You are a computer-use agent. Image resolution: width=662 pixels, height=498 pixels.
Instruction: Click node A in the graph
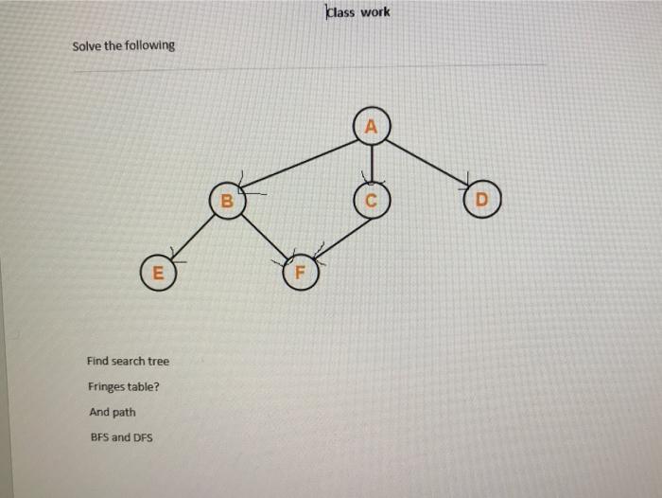pos(371,126)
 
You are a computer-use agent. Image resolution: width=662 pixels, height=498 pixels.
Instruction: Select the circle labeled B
pos(225,200)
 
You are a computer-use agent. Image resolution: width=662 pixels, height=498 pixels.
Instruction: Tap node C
pos(371,201)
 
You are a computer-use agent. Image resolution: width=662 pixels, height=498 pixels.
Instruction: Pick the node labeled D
pos(482,201)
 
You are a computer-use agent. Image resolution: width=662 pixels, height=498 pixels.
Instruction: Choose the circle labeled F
pos(301,273)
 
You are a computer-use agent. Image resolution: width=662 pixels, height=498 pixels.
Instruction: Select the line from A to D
pos(427,163)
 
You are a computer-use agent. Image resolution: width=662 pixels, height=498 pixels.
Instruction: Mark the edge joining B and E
pos(192,235)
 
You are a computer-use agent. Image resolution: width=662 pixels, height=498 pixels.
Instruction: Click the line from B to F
pos(263,236)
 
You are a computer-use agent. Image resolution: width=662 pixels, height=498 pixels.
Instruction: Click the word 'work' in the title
pos(374,12)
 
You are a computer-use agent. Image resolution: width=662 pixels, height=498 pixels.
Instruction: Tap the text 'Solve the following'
pos(123,45)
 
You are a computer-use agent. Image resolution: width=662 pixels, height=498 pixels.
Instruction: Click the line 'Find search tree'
pos(128,362)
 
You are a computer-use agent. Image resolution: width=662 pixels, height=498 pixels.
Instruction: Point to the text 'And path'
pos(112,413)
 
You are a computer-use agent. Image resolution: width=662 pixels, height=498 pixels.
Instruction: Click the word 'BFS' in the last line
pos(99,437)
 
